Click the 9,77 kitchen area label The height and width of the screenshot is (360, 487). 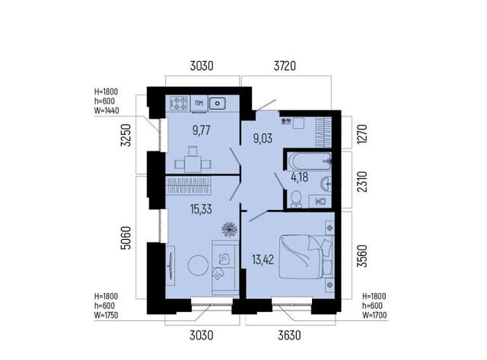click(201, 130)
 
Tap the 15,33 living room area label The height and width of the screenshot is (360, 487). click(201, 209)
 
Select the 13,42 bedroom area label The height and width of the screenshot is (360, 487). click(263, 260)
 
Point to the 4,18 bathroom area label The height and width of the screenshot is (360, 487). click(299, 177)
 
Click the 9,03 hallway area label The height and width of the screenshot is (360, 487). click(263, 139)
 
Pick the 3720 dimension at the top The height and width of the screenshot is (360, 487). click(285, 66)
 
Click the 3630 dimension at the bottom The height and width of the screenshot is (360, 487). click(289, 336)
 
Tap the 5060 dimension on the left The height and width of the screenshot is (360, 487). click(126, 238)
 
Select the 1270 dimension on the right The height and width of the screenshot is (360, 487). click(362, 133)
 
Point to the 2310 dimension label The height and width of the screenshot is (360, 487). click(362, 182)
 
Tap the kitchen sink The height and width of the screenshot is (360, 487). click(218, 103)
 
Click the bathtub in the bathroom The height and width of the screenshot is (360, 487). click(310, 161)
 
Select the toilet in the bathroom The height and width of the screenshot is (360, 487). click(296, 199)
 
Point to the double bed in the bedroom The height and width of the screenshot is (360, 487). click(306, 256)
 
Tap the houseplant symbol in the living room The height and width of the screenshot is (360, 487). click(230, 229)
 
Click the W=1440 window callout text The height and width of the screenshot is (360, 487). click(107, 110)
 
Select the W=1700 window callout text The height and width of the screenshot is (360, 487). click(374, 316)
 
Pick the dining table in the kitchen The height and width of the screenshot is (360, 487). click(193, 164)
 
